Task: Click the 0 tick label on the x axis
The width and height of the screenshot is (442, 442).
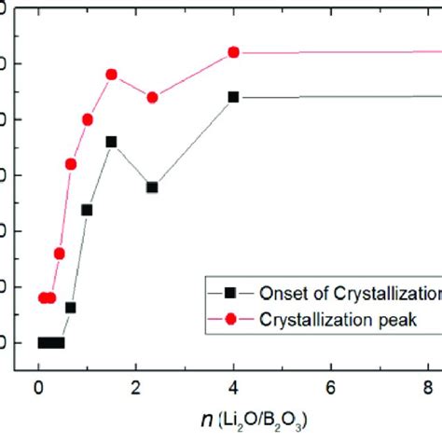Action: coord(38,388)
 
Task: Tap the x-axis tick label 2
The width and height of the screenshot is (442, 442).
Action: coord(136,388)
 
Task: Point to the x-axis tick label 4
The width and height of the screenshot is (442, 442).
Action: coord(233,388)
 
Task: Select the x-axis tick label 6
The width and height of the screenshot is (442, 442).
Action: coord(331,388)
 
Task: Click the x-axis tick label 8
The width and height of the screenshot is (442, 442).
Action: coord(428,388)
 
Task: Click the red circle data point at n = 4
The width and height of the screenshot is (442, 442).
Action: coord(233,52)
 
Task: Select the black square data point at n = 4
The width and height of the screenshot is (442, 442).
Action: coord(233,97)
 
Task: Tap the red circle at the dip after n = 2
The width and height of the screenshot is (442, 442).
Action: coord(153,97)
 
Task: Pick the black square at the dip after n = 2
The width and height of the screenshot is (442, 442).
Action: coord(152,187)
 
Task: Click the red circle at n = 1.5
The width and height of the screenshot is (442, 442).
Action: coord(111,74)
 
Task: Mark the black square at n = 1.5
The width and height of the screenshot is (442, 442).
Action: coord(111,142)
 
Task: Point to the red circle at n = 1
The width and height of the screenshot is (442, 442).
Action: coord(88,119)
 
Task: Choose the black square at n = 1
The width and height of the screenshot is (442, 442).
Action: coord(87,210)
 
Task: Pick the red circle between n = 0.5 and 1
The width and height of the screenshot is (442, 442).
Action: coord(70,164)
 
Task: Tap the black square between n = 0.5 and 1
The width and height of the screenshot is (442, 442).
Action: coord(70,307)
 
